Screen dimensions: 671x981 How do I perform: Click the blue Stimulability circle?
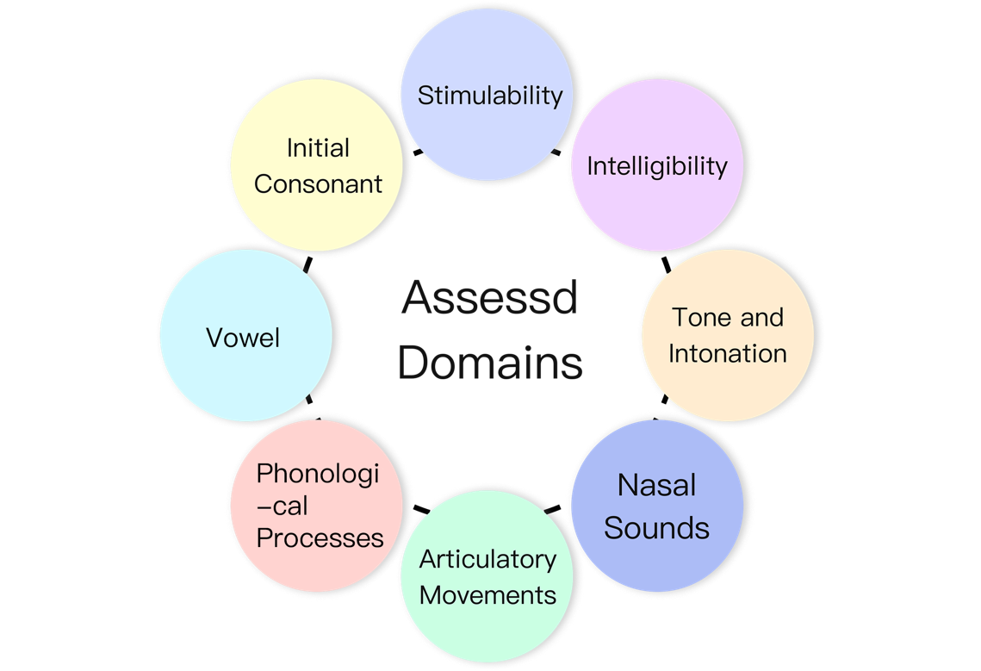click(489, 60)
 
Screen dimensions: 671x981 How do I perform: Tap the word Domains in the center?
click(490, 363)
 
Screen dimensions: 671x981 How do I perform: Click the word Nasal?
click(656, 485)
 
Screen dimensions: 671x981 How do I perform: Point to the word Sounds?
click(656, 527)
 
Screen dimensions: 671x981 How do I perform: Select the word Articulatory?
click(488, 560)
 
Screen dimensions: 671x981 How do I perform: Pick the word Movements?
click(488, 594)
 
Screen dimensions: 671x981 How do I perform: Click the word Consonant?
click(319, 183)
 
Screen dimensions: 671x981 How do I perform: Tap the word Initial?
click(319, 148)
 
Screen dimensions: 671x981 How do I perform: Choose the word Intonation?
click(728, 353)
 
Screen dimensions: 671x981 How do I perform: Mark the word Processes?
click(320, 537)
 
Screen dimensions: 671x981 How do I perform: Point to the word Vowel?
click(244, 337)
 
